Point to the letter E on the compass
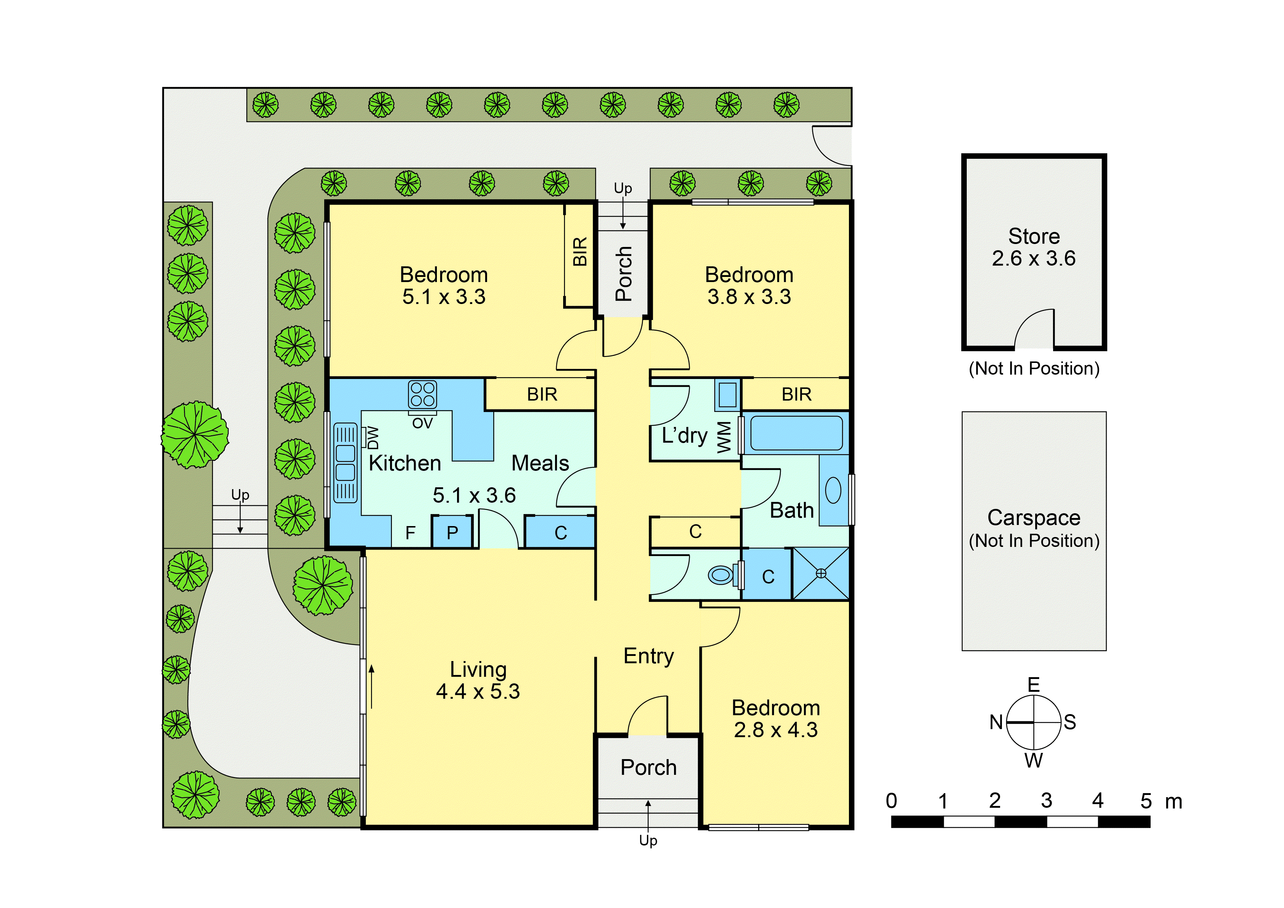click(1033, 685)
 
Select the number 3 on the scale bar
click(1046, 801)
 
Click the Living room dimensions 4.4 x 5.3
click(478, 692)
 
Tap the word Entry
click(649, 656)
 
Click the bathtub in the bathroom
click(796, 433)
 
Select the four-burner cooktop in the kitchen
click(422, 394)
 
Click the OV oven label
click(422, 423)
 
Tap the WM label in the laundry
click(724, 437)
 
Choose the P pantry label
click(452, 533)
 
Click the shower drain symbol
click(821, 573)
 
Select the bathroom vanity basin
click(833, 490)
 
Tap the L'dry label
click(685, 436)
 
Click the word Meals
click(540, 464)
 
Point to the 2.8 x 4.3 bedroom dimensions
click(776, 730)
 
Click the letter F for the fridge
click(411, 533)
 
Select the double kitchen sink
click(345, 463)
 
